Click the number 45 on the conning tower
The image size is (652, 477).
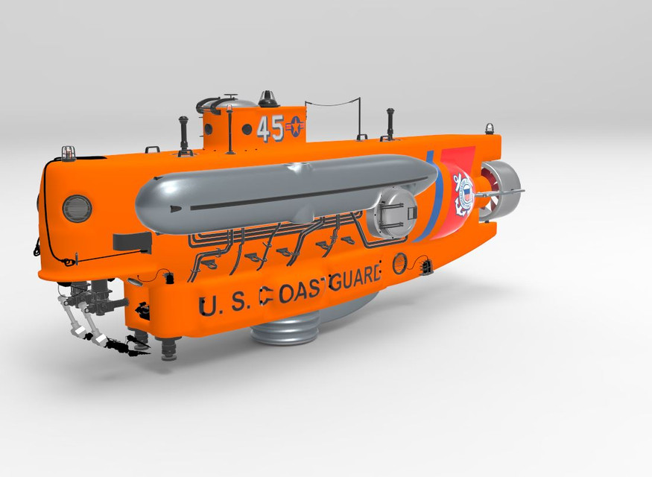click(270, 129)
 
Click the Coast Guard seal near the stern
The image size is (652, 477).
click(463, 195)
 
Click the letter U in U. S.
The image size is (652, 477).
click(209, 306)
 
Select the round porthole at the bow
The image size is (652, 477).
click(77, 209)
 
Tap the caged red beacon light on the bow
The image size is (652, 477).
click(69, 152)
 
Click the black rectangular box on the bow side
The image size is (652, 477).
click(130, 241)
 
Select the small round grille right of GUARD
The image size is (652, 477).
click(400, 262)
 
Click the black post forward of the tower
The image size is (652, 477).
click(180, 133)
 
